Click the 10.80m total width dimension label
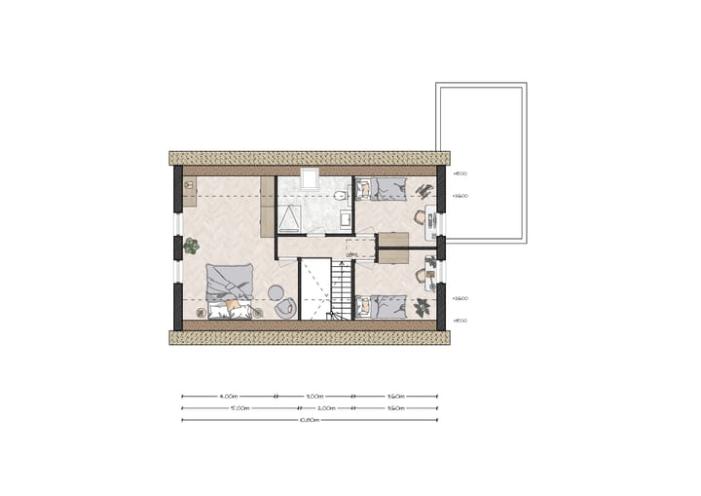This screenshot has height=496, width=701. [309, 420]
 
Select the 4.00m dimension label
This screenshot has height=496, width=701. [229, 397]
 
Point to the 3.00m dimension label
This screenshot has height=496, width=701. [314, 397]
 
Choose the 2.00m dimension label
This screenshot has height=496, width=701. [327, 408]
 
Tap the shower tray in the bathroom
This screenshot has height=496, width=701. [291, 215]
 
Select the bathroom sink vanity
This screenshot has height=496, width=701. [345, 221]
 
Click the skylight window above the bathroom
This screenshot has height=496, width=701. [310, 178]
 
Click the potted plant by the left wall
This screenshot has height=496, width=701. [191, 247]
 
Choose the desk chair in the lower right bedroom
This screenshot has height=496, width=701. [421, 276]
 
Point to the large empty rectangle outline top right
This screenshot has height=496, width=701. [481, 163]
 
